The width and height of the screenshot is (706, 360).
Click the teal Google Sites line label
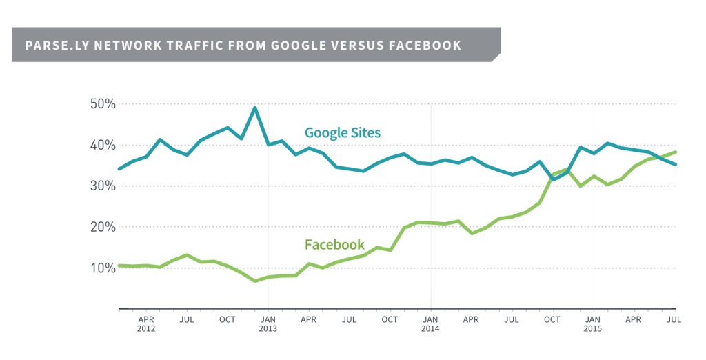point(342,132)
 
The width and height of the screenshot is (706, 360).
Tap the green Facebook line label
point(334,244)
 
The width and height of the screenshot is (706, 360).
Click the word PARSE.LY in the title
point(52,46)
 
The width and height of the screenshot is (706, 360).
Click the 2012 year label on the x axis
point(146,330)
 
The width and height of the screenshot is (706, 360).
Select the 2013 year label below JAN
point(268,330)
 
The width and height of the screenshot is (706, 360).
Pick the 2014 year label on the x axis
point(430,330)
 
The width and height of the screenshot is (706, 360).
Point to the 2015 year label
point(593,330)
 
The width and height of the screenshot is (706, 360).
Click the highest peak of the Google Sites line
point(254,108)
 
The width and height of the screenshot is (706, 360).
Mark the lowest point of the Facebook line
point(254,281)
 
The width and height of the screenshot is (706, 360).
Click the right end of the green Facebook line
point(676,152)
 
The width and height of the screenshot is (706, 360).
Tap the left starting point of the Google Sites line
point(119,168)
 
